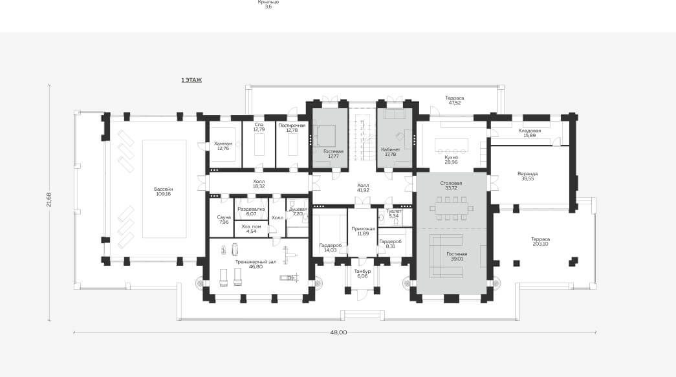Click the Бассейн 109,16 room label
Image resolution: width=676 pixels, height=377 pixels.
pos(164,191)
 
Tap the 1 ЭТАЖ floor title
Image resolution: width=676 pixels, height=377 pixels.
pos(191,80)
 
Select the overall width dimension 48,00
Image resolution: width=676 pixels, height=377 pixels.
pos(338,332)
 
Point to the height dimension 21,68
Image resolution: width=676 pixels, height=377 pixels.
pos(49,199)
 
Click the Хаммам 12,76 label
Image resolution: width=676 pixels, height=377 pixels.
pos(223,146)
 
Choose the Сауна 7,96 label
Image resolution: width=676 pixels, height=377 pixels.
pos(224,220)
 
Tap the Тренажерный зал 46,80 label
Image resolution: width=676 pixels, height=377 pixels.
pos(256,264)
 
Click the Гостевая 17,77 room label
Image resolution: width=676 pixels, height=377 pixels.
pos(333,154)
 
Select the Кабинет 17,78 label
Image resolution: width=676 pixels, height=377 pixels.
pos(391,152)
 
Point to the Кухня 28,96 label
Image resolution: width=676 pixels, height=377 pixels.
pos(451,160)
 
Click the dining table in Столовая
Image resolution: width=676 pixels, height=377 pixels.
pos(452,208)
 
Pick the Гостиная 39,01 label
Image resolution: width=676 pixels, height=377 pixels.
pos(457,256)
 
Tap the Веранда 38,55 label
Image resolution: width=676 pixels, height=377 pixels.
pos(528,177)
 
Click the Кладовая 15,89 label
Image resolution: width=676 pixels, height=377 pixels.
pos(529,133)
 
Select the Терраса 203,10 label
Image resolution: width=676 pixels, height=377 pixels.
pos(540,241)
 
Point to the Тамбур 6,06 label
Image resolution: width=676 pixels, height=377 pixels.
pos(362,274)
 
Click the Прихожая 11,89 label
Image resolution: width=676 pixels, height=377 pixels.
pos(363,231)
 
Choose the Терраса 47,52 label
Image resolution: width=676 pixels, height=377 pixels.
pos(454,100)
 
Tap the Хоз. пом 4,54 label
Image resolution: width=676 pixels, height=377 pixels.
pos(252,229)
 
